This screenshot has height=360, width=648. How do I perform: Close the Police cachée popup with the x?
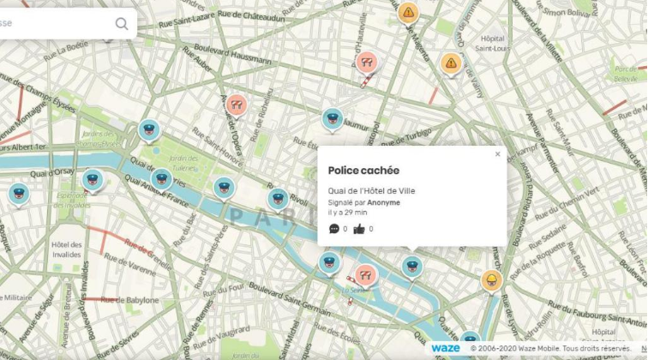[x=497, y=155]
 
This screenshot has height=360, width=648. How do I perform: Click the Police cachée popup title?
[x=363, y=171]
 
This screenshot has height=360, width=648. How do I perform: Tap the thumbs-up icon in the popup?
[x=359, y=229]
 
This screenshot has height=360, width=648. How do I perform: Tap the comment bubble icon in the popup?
[x=334, y=229]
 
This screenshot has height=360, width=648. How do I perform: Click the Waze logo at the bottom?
[x=446, y=348]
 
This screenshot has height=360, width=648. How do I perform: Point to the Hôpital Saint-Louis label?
[x=493, y=44]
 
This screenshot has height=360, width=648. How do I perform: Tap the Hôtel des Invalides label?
[x=66, y=249]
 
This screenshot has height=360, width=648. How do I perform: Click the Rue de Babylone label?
[x=130, y=301]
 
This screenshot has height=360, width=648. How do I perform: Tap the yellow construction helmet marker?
[x=491, y=280]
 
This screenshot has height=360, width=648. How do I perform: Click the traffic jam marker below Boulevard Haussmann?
[x=237, y=105]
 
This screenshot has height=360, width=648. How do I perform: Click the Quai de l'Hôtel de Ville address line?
[x=372, y=190]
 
